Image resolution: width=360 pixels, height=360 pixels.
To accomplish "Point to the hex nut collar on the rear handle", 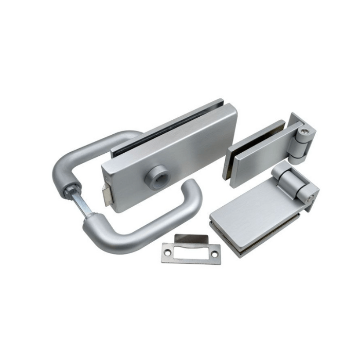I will pyautogui.click(x=68, y=191).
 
